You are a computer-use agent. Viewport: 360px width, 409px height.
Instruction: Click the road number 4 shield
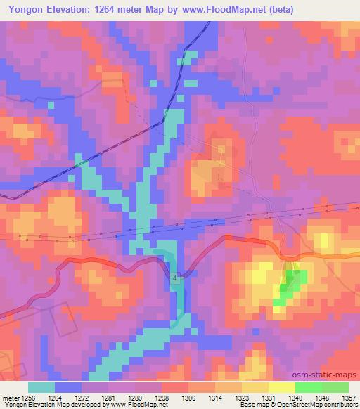click(175, 279)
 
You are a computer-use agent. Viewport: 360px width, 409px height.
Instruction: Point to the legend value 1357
click(349, 397)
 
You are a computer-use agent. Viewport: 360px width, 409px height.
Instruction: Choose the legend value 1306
click(189, 397)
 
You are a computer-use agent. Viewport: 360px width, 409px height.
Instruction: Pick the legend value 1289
click(135, 397)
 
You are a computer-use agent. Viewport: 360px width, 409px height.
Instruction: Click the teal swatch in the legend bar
click(41, 387)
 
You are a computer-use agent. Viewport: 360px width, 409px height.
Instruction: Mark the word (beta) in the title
click(278, 10)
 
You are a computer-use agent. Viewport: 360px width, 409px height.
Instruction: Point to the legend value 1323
click(242, 397)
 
